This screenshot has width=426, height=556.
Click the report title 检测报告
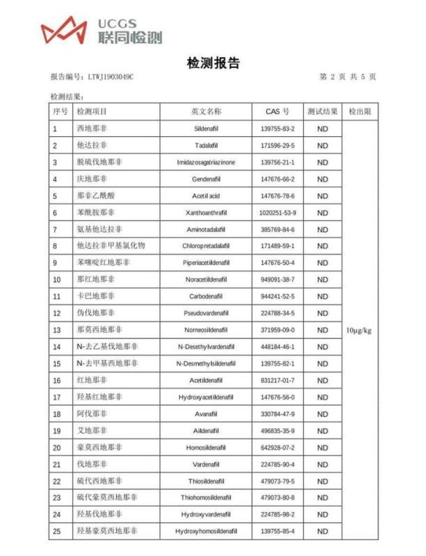213,63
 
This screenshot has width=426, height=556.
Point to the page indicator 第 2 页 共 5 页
347,76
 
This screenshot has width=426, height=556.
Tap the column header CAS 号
277,111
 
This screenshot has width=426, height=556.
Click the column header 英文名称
206,111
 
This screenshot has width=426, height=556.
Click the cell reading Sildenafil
206,129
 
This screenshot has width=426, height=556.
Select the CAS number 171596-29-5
277,145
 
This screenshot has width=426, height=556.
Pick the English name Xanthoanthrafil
206,213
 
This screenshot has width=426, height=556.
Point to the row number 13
57,330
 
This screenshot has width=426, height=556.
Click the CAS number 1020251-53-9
277,213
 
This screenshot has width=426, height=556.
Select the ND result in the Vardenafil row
322,464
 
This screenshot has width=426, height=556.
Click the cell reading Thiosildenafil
206,481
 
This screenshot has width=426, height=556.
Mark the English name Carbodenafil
206,297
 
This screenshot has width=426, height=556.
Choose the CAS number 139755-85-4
277,532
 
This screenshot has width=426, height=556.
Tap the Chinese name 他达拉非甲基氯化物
110,246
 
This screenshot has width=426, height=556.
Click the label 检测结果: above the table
67,96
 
